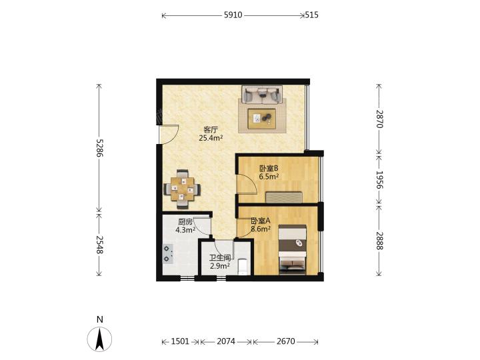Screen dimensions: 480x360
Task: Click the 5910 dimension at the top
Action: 233,15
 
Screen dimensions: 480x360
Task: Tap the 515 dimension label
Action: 311,15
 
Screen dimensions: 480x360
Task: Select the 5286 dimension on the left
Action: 99,148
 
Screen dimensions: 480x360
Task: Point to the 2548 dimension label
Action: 99,245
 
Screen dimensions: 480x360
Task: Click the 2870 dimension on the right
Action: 379,119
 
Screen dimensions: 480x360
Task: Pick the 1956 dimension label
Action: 379,179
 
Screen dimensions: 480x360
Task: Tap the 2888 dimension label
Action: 379,241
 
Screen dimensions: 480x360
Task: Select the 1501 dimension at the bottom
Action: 180,341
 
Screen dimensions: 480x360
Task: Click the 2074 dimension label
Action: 226,341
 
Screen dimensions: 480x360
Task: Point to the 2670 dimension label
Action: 286,341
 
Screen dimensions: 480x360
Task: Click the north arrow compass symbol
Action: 99,339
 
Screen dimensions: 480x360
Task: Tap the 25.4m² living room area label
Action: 211,138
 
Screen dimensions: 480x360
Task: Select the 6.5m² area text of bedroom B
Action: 269,177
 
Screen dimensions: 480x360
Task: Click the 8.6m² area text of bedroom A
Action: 261,229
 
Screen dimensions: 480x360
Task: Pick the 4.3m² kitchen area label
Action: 185,230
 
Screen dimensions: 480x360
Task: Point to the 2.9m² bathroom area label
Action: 220,266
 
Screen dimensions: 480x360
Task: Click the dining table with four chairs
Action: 183,189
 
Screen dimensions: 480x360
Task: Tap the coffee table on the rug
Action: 262,119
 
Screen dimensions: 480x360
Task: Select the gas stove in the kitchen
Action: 167,254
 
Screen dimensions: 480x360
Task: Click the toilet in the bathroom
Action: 243,267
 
